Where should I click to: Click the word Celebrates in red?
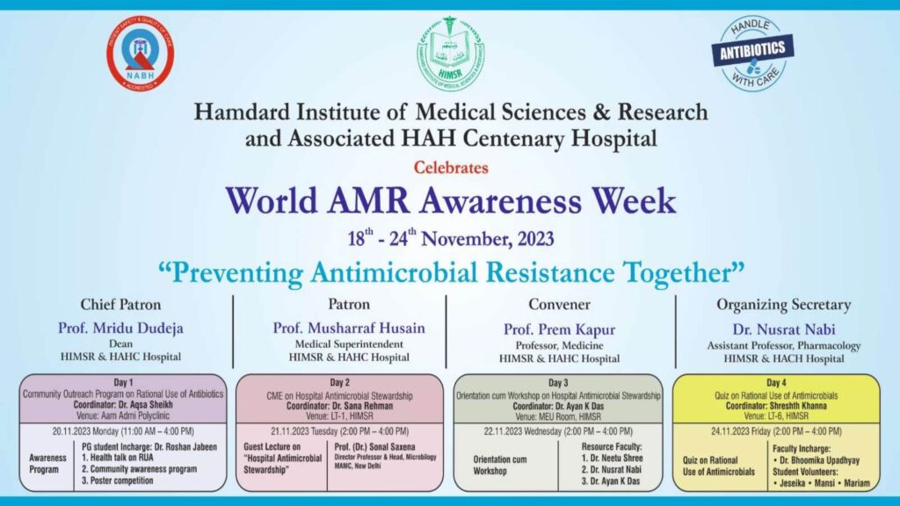(x=450, y=166)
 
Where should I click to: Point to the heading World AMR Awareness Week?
(x=450, y=200)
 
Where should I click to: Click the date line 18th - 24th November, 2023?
(x=450, y=237)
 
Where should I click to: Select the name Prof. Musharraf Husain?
(x=349, y=328)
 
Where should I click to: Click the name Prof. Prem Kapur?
(x=559, y=328)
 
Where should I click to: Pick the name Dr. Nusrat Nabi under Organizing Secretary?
(x=784, y=328)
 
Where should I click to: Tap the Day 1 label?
(x=123, y=382)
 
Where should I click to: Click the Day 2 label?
(x=340, y=382)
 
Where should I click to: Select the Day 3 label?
(x=558, y=382)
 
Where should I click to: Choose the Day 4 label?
(x=775, y=382)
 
